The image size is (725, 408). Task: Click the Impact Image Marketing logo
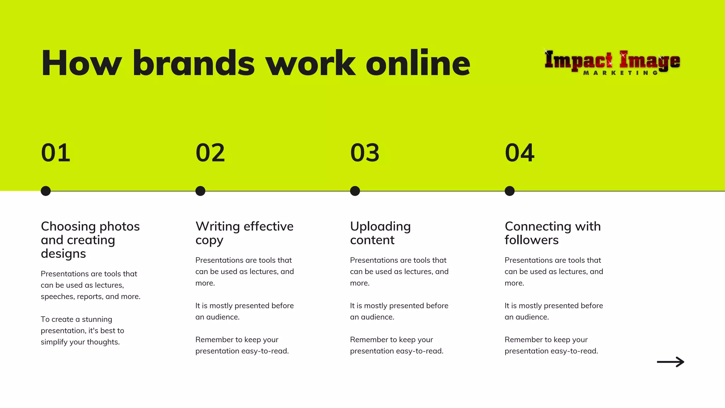[x=612, y=62]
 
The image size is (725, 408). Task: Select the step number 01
[x=56, y=153]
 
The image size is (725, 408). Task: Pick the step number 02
[x=210, y=153]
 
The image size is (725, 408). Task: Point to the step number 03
[x=365, y=153]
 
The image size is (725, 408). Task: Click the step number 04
[x=520, y=153]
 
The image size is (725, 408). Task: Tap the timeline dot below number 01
[x=46, y=191]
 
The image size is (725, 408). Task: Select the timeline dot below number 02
[x=200, y=191]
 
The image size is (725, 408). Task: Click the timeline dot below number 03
[x=355, y=191]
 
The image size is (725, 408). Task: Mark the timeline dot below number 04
[x=509, y=191]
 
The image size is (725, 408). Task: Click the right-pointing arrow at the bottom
[x=670, y=362]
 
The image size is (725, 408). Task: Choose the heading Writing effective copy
[x=244, y=233]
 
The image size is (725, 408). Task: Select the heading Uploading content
[x=380, y=233]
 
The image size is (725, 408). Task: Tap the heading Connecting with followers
[x=553, y=233]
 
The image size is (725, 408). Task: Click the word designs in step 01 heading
[x=63, y=254]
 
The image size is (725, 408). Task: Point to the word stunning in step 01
[x=97, y=319]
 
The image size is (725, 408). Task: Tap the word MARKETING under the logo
[x=620, y=73]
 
